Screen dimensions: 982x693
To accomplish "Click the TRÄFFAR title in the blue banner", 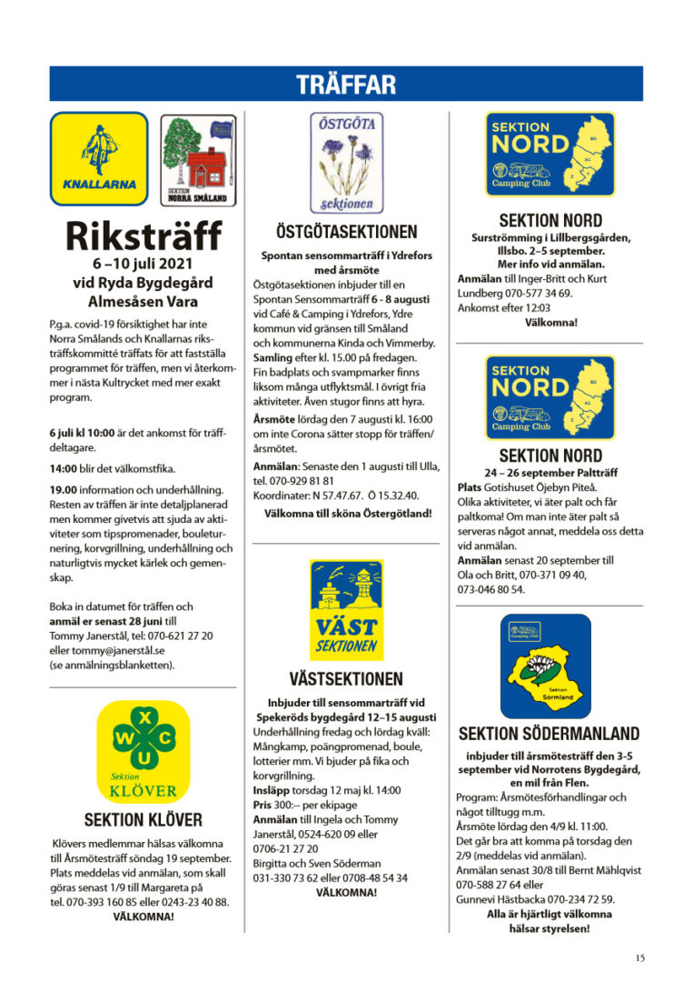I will point(346,85).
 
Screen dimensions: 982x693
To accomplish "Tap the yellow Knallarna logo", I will point(99,156).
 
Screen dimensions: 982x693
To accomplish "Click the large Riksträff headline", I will point(144,235).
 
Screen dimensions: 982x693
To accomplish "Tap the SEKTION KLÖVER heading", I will point(143,819).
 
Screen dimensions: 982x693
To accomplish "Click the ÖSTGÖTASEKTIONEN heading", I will point(347,233).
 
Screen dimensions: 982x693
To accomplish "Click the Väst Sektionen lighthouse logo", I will point(346,609).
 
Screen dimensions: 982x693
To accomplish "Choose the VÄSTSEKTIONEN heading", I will point(347,679).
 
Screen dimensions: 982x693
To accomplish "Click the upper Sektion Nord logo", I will point(549,155).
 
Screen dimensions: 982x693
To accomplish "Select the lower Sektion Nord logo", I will point(549,396).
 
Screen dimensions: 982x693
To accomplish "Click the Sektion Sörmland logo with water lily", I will point(545,666).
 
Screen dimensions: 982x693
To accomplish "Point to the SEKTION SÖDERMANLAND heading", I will point(549,734).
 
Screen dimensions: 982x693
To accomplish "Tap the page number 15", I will point(640,957).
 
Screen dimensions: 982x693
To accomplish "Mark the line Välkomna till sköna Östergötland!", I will point(348,514).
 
